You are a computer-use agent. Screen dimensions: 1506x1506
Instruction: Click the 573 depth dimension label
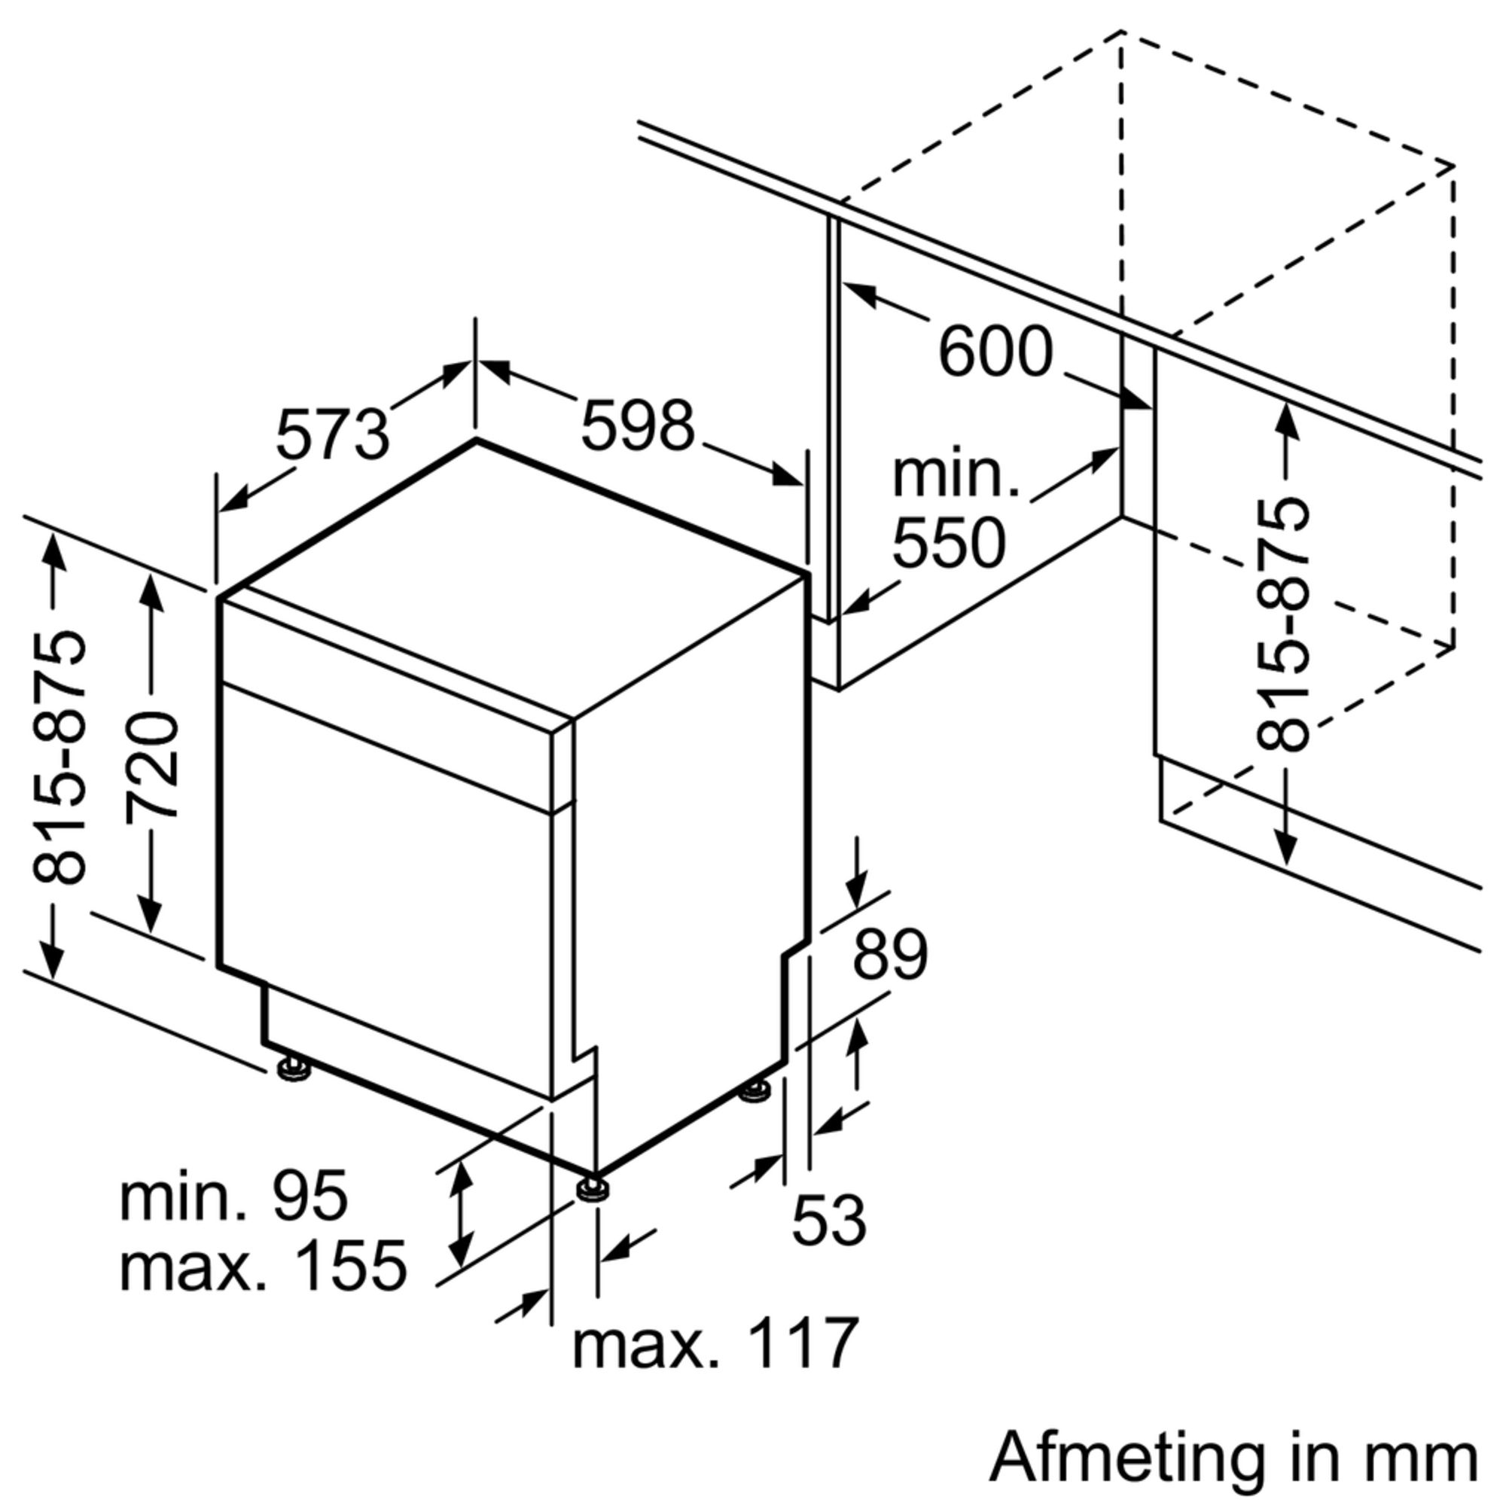333,434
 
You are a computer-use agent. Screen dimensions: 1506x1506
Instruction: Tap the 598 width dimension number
638,425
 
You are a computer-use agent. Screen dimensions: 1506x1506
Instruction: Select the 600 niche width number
995,352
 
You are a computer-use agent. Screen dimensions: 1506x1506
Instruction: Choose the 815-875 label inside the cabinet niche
1283,624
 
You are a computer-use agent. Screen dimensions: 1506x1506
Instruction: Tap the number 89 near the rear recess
890,954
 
